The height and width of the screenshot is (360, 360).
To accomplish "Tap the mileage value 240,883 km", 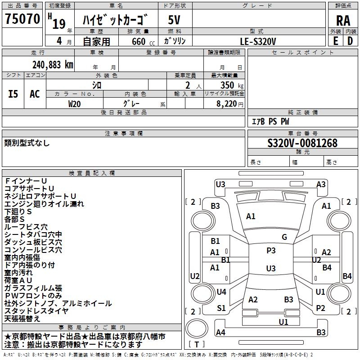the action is pos(53,64).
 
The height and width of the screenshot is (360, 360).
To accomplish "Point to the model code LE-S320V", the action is pos(258,41).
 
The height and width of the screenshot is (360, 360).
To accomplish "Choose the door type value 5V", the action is pos(175,20).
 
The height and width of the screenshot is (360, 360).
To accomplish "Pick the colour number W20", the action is pos(75,103).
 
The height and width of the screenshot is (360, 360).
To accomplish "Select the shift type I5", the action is pos(13,94).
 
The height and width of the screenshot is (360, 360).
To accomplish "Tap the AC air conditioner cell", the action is pos(35,94).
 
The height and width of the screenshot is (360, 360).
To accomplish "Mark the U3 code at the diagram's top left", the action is pos(220,184).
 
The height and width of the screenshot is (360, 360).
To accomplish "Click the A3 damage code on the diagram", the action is pos(321,184).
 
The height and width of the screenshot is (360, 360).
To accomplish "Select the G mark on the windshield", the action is pos(284,237).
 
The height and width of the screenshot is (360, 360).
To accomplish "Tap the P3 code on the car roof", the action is pos(270,251).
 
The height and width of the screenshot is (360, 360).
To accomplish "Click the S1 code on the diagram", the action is pos(221,308).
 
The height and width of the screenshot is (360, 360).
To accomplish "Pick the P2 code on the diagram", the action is pos(320,308).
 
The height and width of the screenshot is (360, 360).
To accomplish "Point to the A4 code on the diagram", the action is pos(220,333).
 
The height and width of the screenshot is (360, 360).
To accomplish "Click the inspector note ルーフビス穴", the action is pos(26,227).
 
